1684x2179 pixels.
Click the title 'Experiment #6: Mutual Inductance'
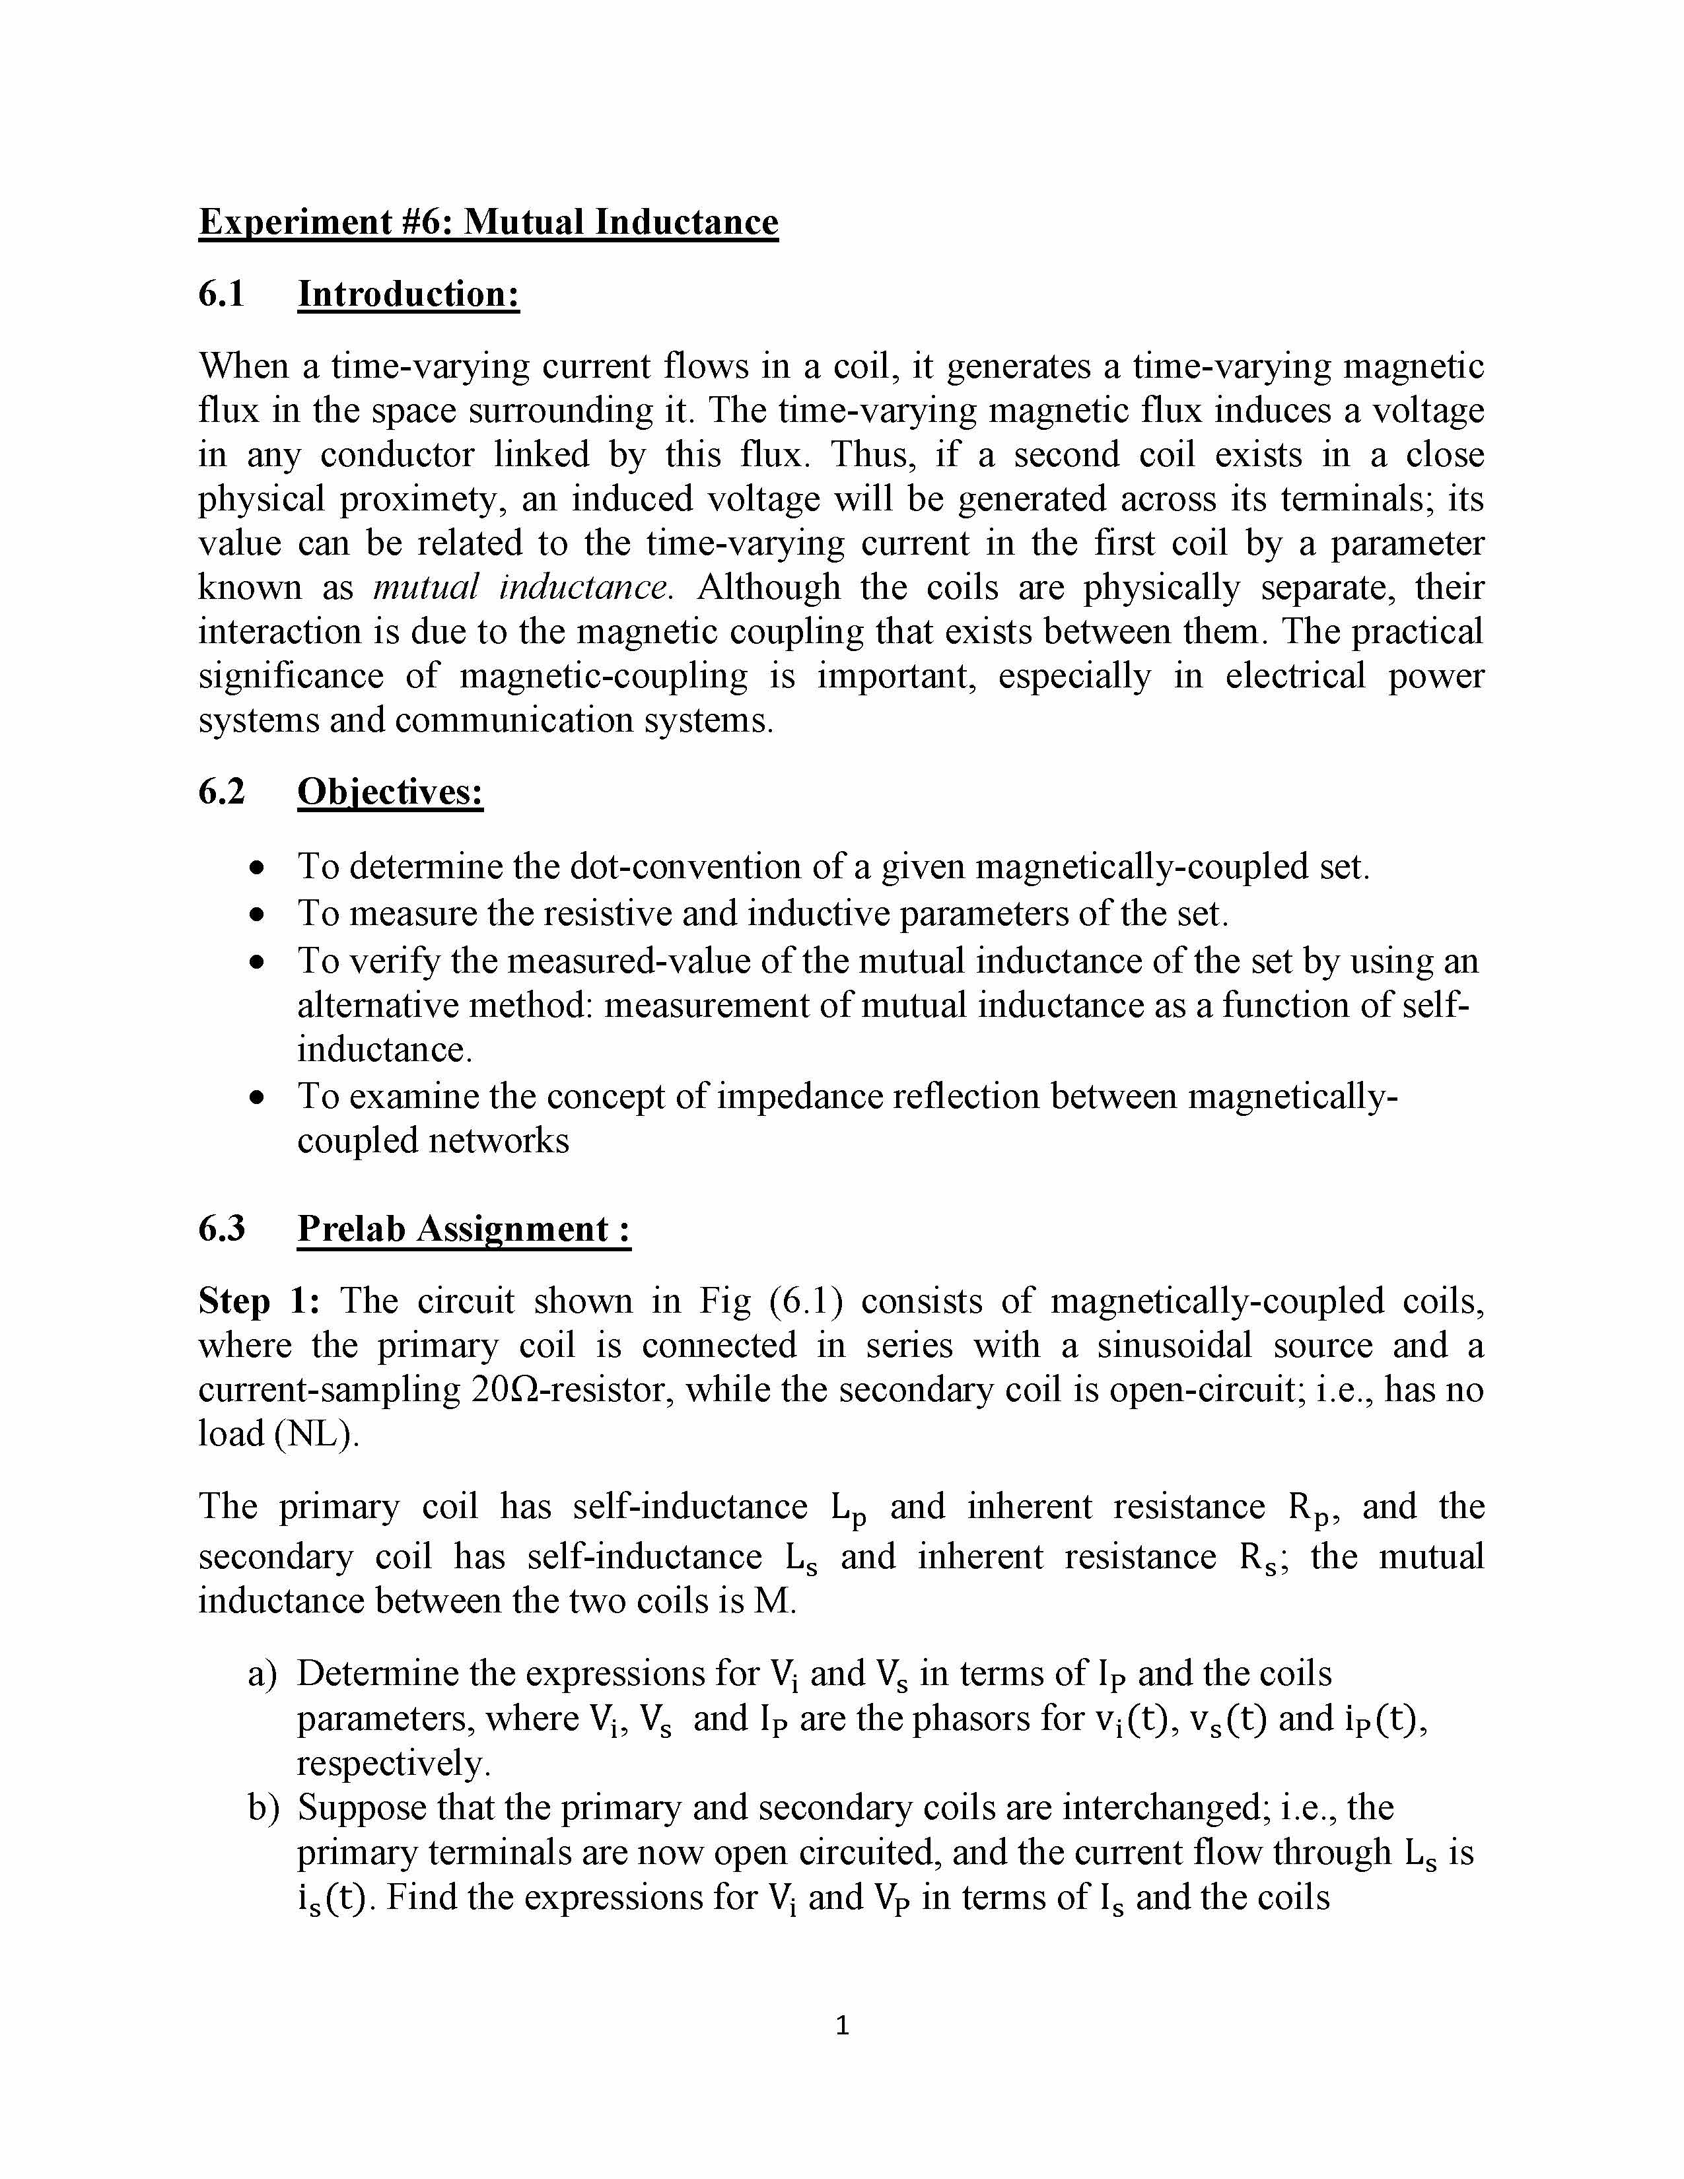click(x=488, y=221)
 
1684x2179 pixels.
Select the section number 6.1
click(x=221, y=294)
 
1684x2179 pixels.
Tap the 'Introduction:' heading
click(x=408, y=294)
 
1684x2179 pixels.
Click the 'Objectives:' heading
click(x=390, y=792)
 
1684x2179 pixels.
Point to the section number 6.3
click(x=221, y=1228)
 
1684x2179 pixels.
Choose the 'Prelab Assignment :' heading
click(x=464, y=1228)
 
